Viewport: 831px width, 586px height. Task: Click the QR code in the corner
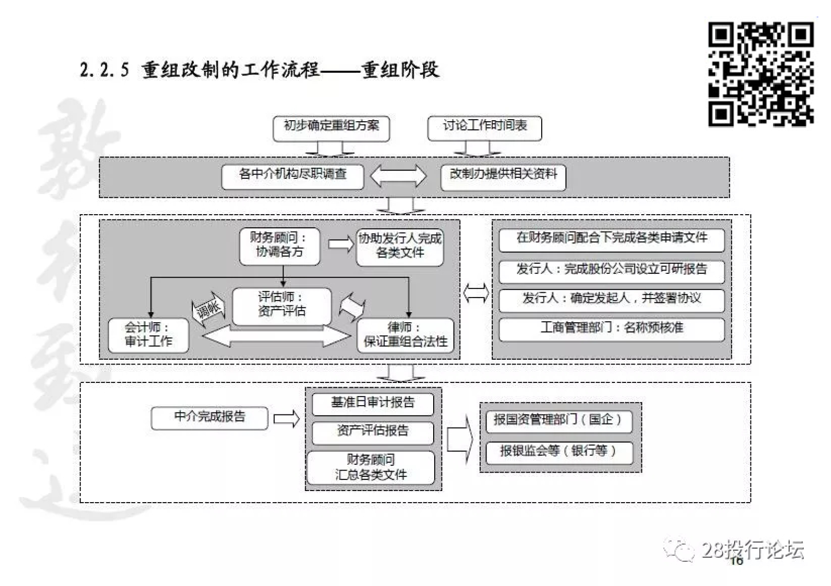[760, 74]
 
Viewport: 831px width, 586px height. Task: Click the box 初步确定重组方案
[331, 128]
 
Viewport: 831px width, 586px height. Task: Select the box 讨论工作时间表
[484, 128]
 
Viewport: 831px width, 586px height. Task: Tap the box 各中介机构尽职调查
[292, 176]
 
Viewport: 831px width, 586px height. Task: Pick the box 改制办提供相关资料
[503, 177]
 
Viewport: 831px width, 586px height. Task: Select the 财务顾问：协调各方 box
[280, 246]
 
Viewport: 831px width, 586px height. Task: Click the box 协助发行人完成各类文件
[400, 247]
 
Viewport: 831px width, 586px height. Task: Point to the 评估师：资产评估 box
[282, 306]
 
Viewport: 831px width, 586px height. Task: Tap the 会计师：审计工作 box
[148, 335]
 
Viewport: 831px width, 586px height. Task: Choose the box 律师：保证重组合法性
[405, 335]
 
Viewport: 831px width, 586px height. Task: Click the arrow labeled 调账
[209, 308]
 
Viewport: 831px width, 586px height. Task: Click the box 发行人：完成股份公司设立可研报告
[611, 270]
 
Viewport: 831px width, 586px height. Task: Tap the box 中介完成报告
[209, 418]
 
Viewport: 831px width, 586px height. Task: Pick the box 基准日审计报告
[373, 404]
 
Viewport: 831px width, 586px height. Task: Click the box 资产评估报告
[373, 432]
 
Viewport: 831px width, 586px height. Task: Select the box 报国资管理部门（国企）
[559, 421]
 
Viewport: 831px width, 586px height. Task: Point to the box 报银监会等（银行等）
[559, 452]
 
